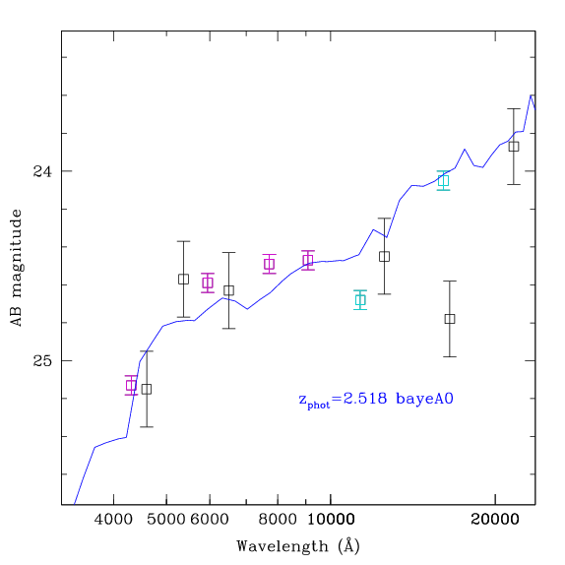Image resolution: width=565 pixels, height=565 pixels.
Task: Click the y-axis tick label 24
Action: (x=42, y=171)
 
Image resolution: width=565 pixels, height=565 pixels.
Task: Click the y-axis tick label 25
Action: (x=42, y=360)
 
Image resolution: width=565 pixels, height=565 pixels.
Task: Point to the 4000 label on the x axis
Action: (x=113, y=520)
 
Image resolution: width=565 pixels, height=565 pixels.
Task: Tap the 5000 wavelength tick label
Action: (x=166, y=520)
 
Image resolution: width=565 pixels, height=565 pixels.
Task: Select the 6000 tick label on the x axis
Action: (x=210, y=520)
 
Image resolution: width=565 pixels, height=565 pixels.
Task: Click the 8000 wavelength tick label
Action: (x=278, y=520)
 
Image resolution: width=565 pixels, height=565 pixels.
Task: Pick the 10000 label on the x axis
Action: (x=331, y=520)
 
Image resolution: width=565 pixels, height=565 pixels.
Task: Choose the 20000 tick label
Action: (x=495, y=520)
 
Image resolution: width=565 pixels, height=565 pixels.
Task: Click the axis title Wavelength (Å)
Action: (x=298, y=546)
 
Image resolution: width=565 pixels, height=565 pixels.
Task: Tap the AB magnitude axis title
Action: (x=16, y=268)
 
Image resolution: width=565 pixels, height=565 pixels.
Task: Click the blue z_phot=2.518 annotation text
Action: (x=376, y=400)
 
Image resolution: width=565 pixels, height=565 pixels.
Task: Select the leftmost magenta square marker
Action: (x=131, y=385)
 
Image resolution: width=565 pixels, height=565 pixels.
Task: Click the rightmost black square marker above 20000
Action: (x=514, y=147)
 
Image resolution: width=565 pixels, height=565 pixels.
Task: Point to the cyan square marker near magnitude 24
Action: (x=443, y=180)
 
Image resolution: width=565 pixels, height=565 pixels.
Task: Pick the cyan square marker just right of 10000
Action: (x=360, y=300)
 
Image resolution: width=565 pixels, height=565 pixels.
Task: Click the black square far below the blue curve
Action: (x=450, y=319)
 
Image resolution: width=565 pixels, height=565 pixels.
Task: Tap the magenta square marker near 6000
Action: (x=208, y=282)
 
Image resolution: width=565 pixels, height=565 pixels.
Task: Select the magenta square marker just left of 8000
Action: (x=269, y=264)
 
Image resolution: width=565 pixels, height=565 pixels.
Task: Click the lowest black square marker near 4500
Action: (x=147, y=389)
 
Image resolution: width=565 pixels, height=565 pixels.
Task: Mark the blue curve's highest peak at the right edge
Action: (x=531, y=95)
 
